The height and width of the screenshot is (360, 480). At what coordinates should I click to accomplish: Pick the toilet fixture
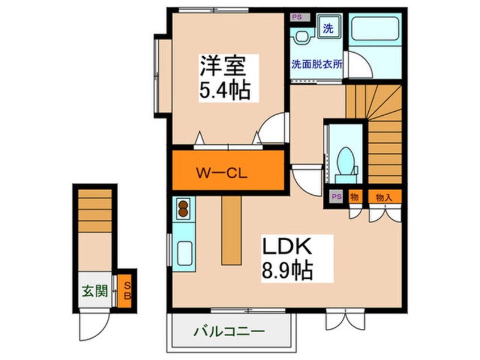[344, 160]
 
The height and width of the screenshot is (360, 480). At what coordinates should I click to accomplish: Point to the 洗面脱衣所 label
[317, 65]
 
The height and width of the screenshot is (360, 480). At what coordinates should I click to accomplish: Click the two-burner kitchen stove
[184, 208]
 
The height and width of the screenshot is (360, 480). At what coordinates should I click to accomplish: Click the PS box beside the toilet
[336, 196]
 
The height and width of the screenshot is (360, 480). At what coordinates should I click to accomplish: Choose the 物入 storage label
[384, 196]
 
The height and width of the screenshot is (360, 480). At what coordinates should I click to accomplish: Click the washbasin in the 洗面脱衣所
[302, 37]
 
